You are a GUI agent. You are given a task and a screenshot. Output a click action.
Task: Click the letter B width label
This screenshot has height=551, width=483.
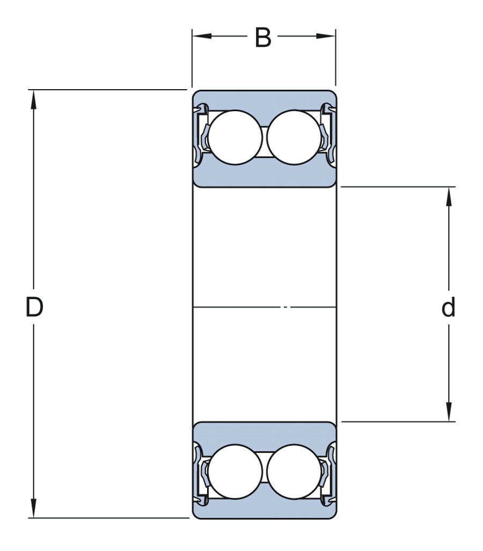point(263,38)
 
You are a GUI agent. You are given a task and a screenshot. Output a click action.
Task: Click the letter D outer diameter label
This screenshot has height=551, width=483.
point(34,308)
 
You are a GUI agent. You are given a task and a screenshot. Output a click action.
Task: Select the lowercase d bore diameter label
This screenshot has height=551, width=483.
point(448,308)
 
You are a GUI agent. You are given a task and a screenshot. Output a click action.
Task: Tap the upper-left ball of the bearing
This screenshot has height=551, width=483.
point(235,137)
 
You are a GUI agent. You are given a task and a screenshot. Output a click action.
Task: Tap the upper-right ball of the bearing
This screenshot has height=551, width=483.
point(294,137)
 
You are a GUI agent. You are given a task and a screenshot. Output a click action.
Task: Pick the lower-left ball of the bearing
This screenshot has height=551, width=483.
point(235,471)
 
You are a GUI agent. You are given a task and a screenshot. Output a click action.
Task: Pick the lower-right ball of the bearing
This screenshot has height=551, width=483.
point(294,471)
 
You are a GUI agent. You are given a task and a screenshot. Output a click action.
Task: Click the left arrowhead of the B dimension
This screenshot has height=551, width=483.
point(201,37)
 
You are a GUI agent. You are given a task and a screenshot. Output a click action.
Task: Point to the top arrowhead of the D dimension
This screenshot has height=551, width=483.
point(34,99)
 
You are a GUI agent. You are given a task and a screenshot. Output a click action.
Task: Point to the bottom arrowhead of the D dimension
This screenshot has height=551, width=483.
point(34,509)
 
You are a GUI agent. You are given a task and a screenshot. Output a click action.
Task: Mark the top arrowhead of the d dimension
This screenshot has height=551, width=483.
point(449,195)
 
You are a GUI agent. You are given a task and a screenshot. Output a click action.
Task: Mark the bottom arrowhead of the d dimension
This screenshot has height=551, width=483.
point(449,412)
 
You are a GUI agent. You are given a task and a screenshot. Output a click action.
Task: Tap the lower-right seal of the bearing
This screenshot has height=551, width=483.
point(327,473)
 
